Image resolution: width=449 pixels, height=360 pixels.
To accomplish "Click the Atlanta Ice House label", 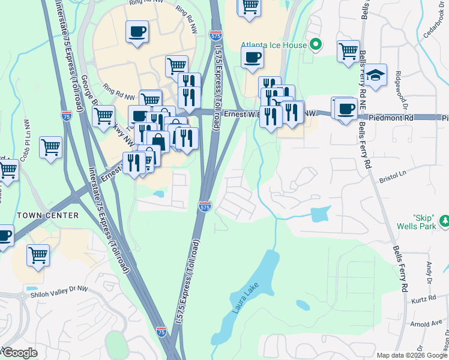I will tap(273, 45).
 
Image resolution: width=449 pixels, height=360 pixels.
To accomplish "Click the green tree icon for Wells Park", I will tap(445, 222).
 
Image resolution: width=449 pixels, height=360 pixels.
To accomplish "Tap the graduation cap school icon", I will tap(375, 76).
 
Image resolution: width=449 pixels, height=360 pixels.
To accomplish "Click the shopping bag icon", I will tap(158, 142).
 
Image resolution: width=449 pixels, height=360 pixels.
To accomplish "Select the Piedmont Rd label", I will tap(392, 119).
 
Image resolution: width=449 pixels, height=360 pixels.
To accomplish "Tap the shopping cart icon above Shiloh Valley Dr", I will tap(38, 254).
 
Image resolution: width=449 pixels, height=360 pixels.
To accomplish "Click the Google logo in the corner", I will tap(20, 353).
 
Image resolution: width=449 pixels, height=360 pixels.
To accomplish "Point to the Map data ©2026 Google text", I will tap(411, 355).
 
